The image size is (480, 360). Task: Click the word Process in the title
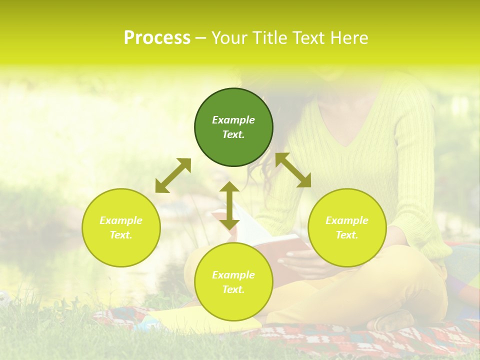(157, 38)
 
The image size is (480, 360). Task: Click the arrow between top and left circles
(173, 175)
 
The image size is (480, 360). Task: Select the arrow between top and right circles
(293, 170)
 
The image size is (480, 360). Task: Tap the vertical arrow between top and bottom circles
(229, 205)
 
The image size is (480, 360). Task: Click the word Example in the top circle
(233, 120)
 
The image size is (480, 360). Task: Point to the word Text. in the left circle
(121, 235)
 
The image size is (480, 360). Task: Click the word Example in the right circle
(347, 220)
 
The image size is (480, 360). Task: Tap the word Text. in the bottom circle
(233, 289)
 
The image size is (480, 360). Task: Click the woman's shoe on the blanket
(395, 320)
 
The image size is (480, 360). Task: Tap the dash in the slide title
(200, 38)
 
